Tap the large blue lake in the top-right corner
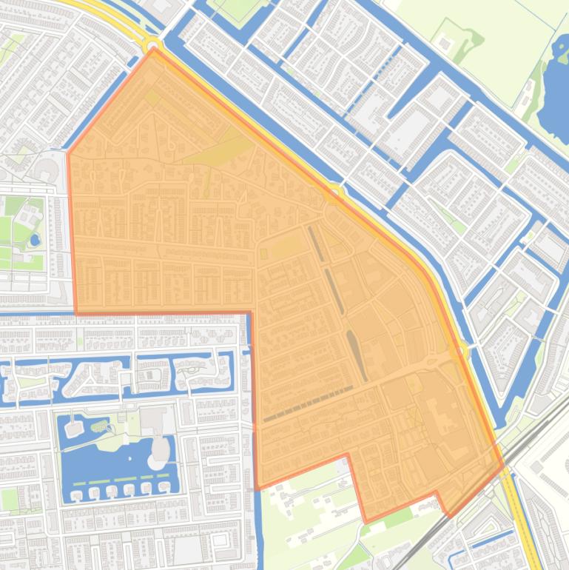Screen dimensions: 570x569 click(x=553, y=93)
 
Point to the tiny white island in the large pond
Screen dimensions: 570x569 click(x=99, y=425)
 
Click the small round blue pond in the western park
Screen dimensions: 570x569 click(x=35, y=240)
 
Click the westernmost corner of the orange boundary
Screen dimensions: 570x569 click(x=69, y=154)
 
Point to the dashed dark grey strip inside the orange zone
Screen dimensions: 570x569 click(x=307, y=404)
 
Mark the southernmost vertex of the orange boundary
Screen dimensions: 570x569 click(x=366, y=522)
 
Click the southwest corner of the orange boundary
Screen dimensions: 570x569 click(x=257, y=489)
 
